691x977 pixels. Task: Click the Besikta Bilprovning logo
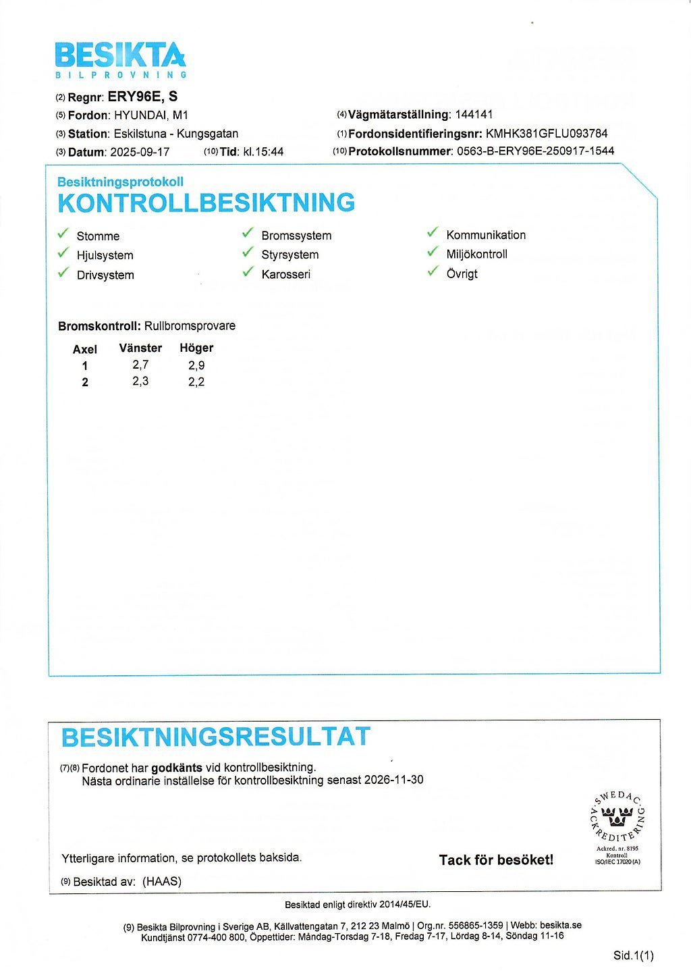[120, 59]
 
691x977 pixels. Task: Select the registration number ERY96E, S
[142, 97]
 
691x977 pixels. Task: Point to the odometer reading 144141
[474, 115]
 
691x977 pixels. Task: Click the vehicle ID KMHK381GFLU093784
[547, 133]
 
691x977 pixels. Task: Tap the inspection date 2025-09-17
[140, 152]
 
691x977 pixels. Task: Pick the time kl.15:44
[262, 152]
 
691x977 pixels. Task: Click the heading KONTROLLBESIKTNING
[206, 203]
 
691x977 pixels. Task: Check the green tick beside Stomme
[63, 234]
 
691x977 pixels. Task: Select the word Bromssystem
[296, 236]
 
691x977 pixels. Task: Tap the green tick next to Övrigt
[433, 272]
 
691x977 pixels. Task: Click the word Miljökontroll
[476, 255]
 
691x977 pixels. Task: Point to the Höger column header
[196, 348]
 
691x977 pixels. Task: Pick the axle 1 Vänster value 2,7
[140, 365]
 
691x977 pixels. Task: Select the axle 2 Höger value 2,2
[196, 382]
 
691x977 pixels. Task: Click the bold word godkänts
[177, 768]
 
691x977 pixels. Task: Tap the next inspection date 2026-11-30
[394, 780]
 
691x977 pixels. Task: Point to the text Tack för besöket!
[496, 860]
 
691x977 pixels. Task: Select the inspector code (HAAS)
[162, 881]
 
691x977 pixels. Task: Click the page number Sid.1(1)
[634, 955]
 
